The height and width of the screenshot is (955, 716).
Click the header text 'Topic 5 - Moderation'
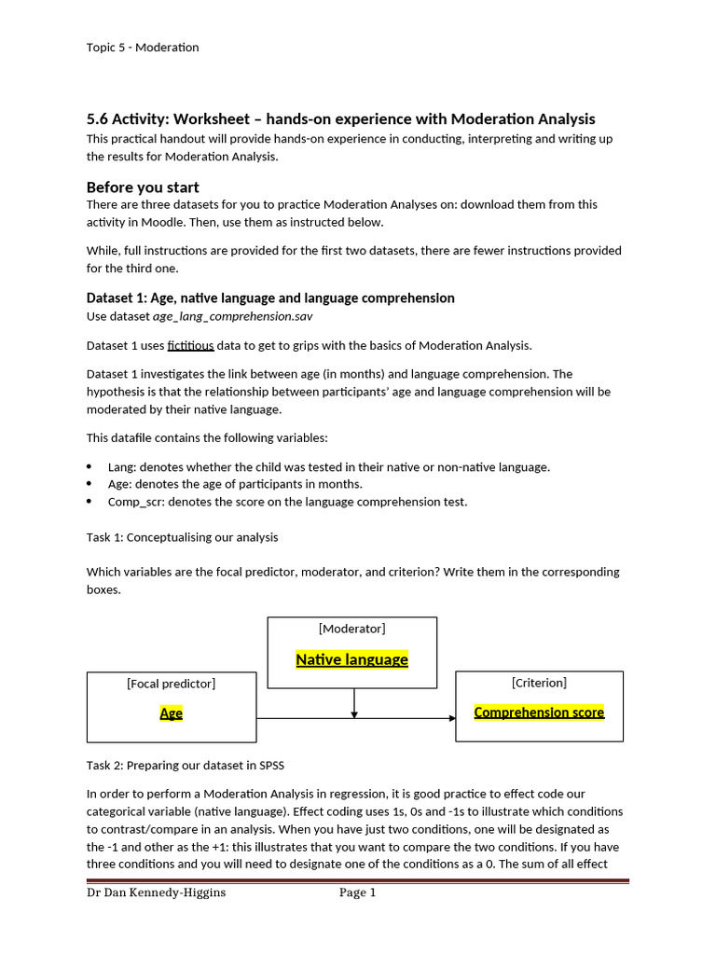coord(143,48)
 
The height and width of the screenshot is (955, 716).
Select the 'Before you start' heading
coord(143,187)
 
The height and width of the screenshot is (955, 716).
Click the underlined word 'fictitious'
coord(190,345)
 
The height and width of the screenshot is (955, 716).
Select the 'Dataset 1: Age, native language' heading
coord(270,298)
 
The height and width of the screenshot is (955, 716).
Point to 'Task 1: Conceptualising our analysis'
coord(182,537)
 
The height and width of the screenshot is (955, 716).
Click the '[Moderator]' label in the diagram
coord(351,629)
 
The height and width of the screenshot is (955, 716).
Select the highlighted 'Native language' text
coord(351,659)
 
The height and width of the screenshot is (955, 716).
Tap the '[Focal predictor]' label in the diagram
coord(171,684)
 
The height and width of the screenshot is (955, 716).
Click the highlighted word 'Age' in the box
coord(171,713)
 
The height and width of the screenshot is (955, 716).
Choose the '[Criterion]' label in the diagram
coord(539,683)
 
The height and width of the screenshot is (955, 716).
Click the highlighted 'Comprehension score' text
coord(539,713)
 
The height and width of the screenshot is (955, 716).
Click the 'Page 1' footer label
coord(357,893)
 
